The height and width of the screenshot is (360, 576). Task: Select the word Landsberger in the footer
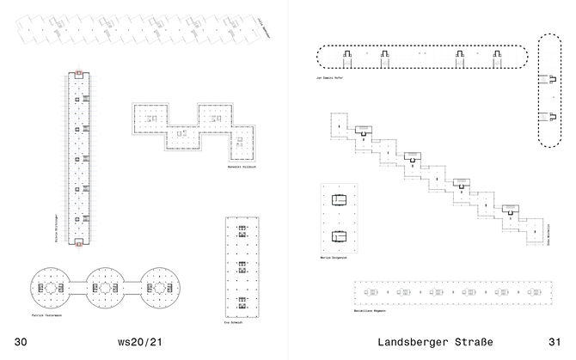[419, 342]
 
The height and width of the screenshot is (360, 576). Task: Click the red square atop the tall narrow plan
[79, 73]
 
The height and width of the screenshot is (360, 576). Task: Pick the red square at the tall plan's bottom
[79, 243]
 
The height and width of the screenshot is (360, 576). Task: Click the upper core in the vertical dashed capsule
[543, 79]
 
